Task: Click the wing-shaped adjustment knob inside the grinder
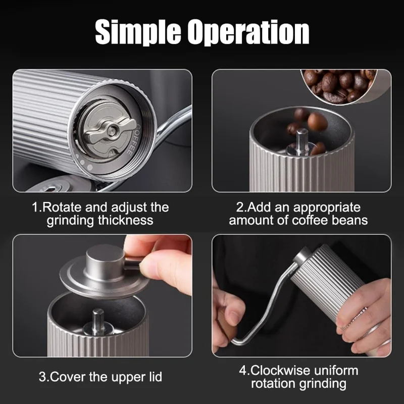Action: point(104,130)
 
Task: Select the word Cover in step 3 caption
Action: point(68,377)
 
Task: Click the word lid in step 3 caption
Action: point(152,377)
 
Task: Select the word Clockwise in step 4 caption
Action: point(287,370)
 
